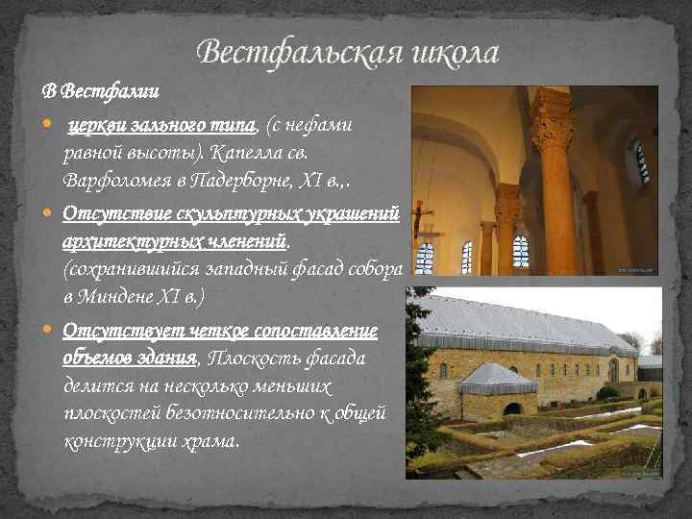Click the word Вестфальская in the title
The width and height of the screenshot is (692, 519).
[290, 53]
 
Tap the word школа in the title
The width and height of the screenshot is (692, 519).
[451, 53]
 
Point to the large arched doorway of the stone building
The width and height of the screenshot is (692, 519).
[612, 371]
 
